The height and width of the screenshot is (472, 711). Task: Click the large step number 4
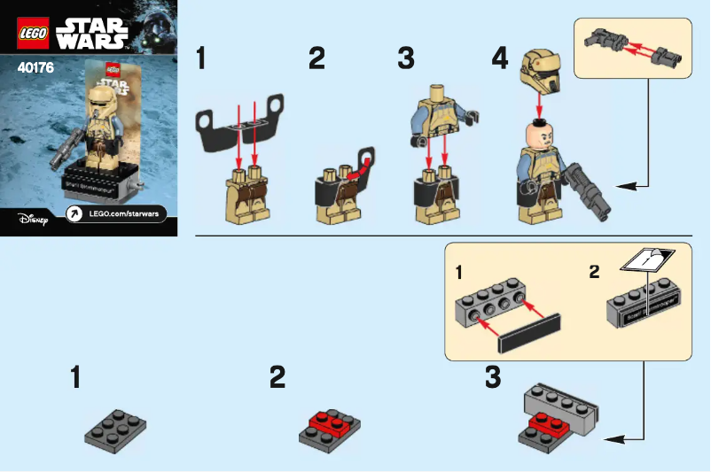[x=501, y=59]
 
